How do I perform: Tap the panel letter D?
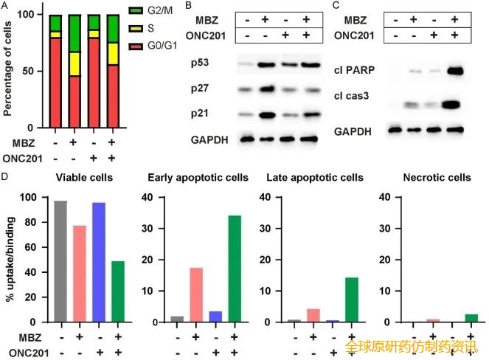[x=6, y=177]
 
